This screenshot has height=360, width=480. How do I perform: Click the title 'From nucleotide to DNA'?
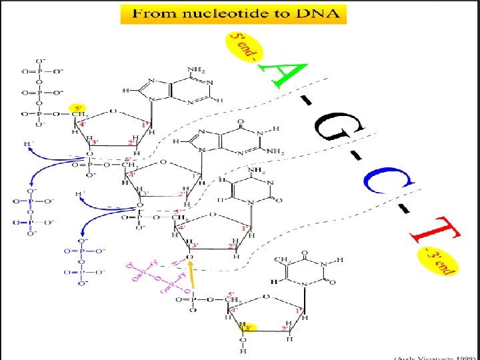click(x=233, y=13)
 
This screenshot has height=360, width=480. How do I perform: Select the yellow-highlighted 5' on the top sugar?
click(x=78, y=107)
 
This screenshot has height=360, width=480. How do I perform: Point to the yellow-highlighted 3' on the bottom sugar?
click(x=249, y=328)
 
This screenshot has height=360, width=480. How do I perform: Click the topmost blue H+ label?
click(x=28, y=144)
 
